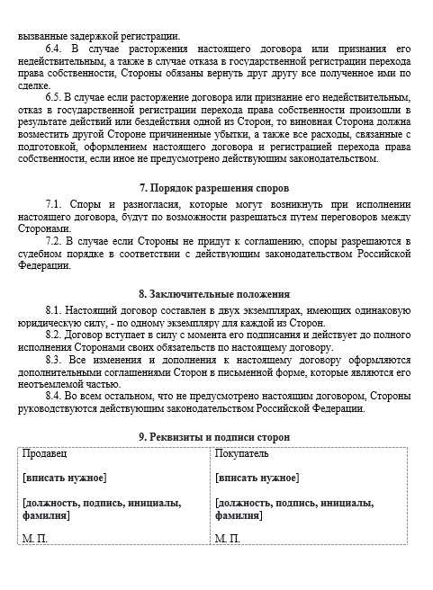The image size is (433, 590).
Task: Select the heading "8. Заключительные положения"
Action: [x=214, y=293]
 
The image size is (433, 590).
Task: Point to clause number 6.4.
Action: [x=54, y=48]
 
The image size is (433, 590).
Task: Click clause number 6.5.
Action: [x=54, y=96]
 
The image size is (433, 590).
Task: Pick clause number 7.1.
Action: [x=54, y=205]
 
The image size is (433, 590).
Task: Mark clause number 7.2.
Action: [x=54, y=242]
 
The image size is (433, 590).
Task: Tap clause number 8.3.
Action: [x=54, y=360]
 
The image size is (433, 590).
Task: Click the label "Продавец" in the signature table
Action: [x=44, y=454]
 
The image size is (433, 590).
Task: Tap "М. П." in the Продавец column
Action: [x=34, y=538]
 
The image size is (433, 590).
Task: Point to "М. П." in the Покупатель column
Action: [x=228, y=538]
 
